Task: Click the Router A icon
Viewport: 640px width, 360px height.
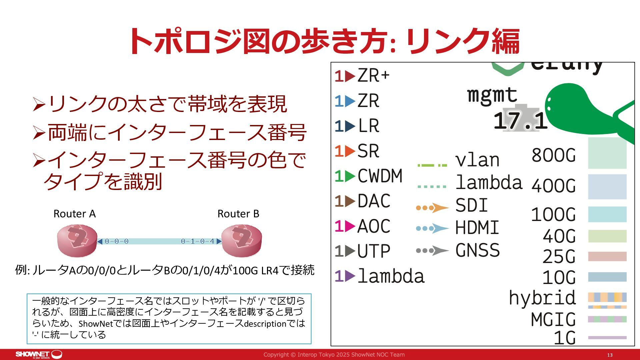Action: [77, 241]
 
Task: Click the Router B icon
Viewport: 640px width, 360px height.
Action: [241, 241]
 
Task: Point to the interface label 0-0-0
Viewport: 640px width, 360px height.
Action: [116, 241]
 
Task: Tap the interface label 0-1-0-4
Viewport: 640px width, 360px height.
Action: [197, 241]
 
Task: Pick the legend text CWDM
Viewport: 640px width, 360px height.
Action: [380, 176]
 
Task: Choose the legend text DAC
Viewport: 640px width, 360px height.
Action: [374, 201]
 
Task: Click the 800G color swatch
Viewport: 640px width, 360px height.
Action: [607, 153]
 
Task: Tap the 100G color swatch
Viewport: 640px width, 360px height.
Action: [607, 214]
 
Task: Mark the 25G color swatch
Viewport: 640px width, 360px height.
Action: [607, 256]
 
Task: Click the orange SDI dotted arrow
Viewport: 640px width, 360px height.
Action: [432, 208]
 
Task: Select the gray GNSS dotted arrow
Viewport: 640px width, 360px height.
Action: [432, 251]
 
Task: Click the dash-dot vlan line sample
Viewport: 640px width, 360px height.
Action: [432, 165]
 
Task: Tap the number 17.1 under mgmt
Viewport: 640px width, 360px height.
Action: [520, 121]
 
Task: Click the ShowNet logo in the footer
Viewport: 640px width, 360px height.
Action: [39, 354]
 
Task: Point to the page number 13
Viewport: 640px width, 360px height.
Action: [610, 355]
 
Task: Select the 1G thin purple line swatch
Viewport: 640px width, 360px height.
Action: [607, 338]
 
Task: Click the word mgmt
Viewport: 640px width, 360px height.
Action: [492, 95]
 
